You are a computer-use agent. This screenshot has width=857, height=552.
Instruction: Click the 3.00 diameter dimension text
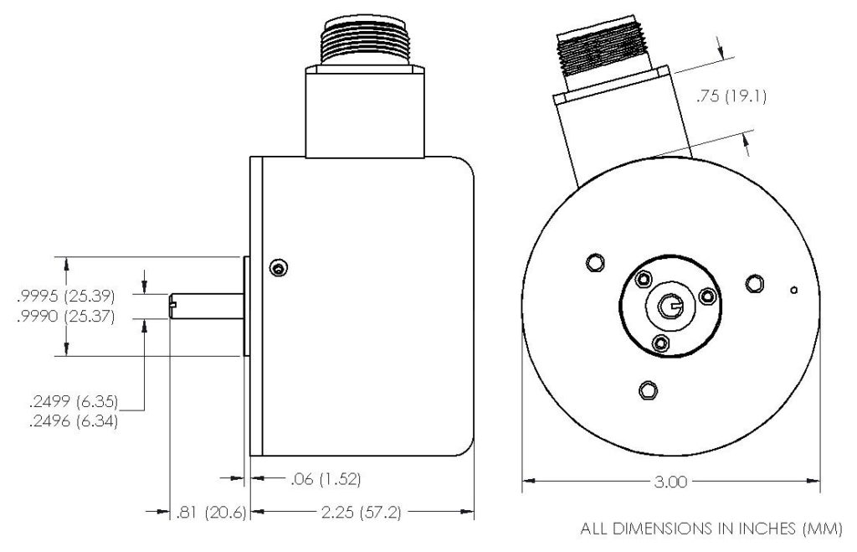tap(670, 482)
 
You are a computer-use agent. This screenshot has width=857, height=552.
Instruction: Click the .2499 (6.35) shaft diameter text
tap(71, 402)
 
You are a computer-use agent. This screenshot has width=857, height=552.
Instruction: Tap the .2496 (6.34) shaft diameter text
tap(71, 422)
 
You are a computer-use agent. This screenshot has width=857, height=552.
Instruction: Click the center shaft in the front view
tap(671, 307)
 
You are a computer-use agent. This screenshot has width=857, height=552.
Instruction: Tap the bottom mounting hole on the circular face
tap(646, 389)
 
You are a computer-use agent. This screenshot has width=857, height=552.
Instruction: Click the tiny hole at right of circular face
tap(793, 291)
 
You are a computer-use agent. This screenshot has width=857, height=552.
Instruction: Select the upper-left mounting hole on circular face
tap(595, 263)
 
